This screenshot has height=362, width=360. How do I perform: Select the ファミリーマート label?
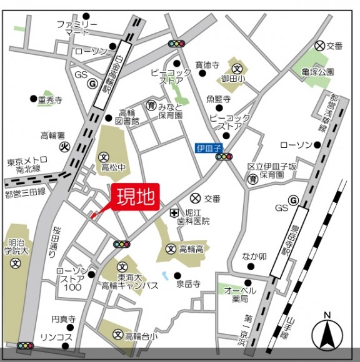pos(77,28)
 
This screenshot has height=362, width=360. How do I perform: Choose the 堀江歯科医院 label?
pos(197,217)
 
